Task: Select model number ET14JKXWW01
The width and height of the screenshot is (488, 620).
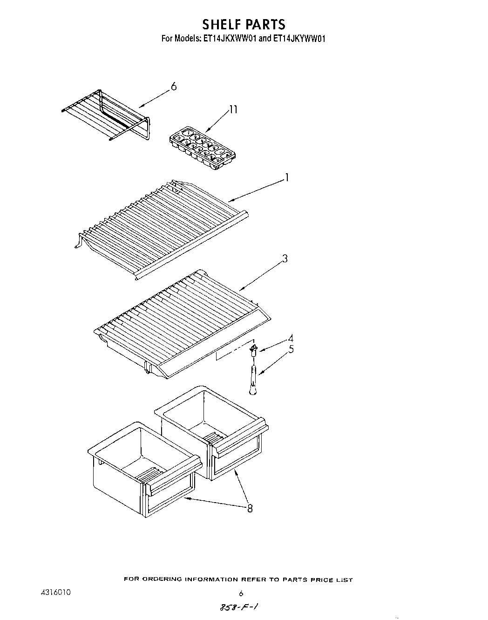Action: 230,39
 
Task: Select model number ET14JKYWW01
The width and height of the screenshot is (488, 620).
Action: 298,39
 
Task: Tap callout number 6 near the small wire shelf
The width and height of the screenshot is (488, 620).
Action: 173,87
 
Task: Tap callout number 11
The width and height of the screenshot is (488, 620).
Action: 233,110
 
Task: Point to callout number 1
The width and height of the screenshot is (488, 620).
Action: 287,178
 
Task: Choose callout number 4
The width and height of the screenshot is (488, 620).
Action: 291,339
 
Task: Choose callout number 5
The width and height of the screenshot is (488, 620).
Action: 291,349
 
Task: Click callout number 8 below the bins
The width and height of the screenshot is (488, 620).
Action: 250,509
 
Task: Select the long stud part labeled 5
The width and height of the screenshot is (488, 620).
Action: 253,377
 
